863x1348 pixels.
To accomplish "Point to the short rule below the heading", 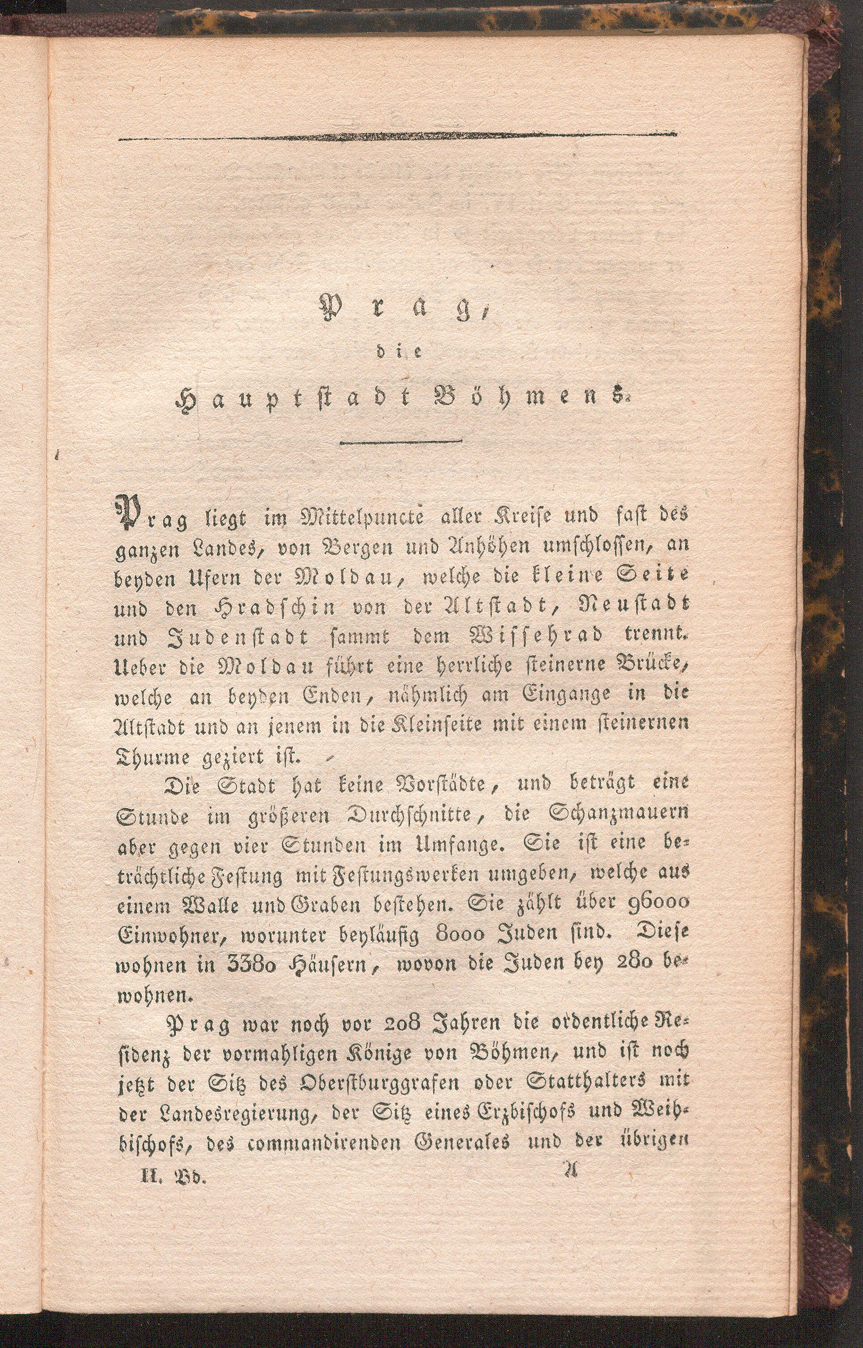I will click(400, 443).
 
